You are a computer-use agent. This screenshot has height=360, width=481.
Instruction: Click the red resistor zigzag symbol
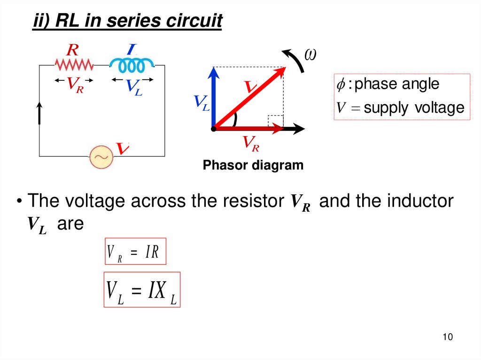click(74, 64)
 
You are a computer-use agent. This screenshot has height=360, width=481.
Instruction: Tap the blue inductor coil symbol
click(132, 64)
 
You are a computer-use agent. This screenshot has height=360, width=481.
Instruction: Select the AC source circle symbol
click(101, 157)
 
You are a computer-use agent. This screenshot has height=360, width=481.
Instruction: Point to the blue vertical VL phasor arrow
click(214, 96)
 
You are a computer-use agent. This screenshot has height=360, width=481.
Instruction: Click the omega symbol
click(310, 55)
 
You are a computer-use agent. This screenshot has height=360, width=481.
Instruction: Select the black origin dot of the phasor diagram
click(214, 128)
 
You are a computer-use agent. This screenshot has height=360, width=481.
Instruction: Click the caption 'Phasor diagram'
click(253, 165)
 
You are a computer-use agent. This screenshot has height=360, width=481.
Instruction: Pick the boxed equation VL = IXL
click(141, 290)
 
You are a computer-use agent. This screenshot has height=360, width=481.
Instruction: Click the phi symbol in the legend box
click(341, 84)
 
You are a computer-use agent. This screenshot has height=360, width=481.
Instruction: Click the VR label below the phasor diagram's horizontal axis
click(250, 143)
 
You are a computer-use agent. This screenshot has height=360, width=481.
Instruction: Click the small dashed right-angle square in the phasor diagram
click(276, 121)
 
